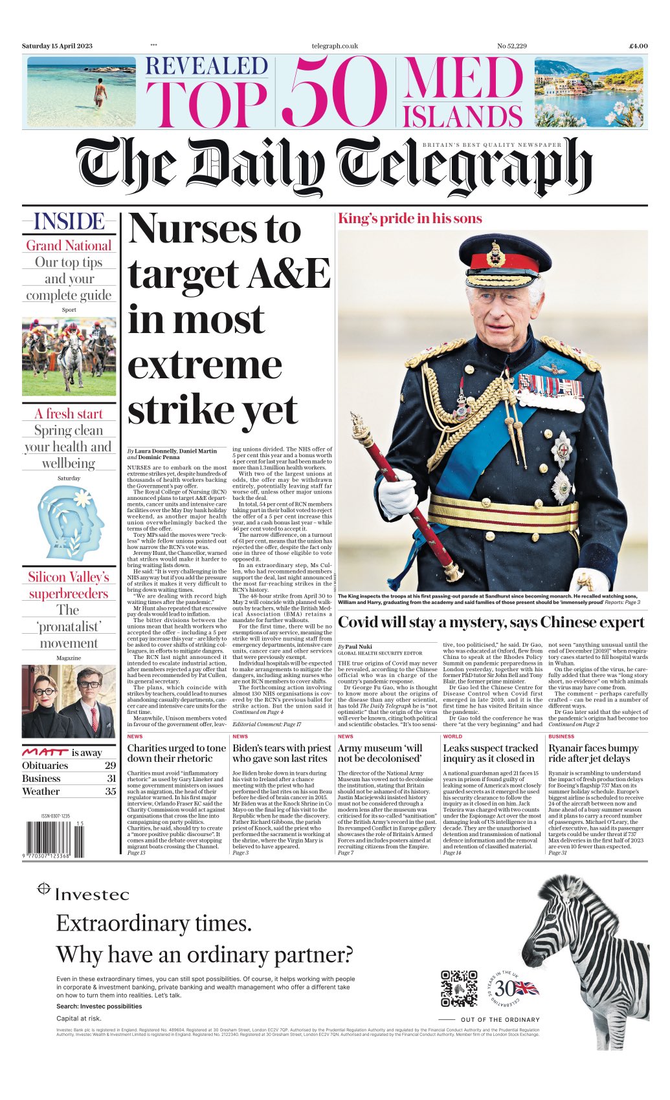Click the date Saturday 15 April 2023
pos(57,46)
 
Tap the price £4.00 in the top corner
pos(638,46)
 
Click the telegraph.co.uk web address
pos(334,46)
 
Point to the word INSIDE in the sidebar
pos(69,222)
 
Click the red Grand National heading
pos(69,246)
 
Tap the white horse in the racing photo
pos(70,354)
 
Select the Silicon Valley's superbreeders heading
pos(69,585)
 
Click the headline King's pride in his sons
pos(410,219)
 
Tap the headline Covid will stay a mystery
pos(491,623)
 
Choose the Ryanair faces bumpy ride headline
pos(593,753)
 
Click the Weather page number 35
pos(111,791)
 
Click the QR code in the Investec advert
pos(459,988)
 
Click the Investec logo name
pos(92,894)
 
